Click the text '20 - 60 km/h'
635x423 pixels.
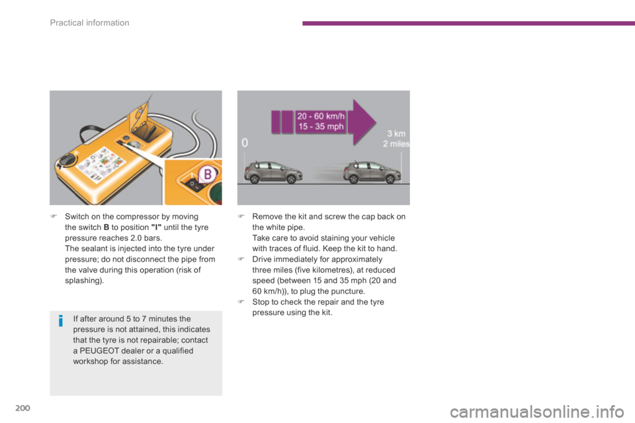click(x=321, y=116)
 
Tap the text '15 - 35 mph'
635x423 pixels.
click(x=321, y=127)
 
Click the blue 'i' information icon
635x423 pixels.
click(x=60, y=322)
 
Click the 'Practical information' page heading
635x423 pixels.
click(x=89, y=23)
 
